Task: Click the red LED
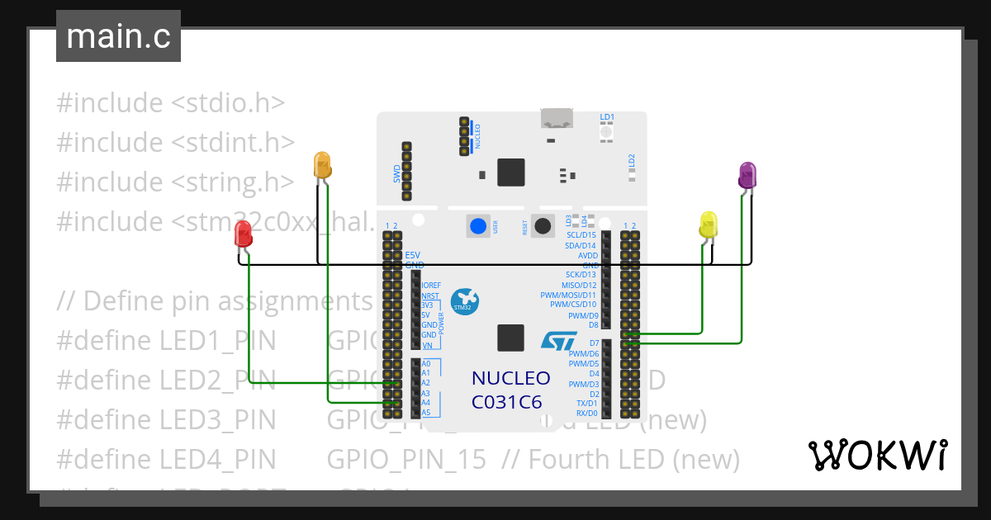tap(242, 234)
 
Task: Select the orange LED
tap(322, 164)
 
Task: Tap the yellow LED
tap(709, 225)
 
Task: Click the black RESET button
tap(543, 225)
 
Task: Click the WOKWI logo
tap(877, 455)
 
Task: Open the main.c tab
tap(118, 36)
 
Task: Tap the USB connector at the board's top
tap(556, 119)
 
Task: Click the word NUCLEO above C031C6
tap(510, 378)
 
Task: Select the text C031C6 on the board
tap(506, 403)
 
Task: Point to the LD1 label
tap(607, 117)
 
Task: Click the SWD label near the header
tap(396, 173)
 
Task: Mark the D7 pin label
tap(594, 343)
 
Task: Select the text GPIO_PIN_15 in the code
tap(406, 459)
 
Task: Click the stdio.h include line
tap(171, 103)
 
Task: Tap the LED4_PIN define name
tap(166, 459)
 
